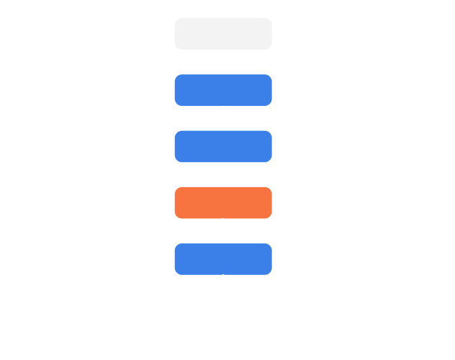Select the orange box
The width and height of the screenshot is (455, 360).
pyautogui.click(x=223, y=202)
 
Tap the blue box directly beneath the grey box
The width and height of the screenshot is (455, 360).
pyautogui.click(x=223, y=90)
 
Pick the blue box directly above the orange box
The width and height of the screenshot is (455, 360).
pyautogui.click(x=223, y=146)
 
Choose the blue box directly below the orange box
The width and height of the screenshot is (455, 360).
pyautogui.click(x=223, y=258)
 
